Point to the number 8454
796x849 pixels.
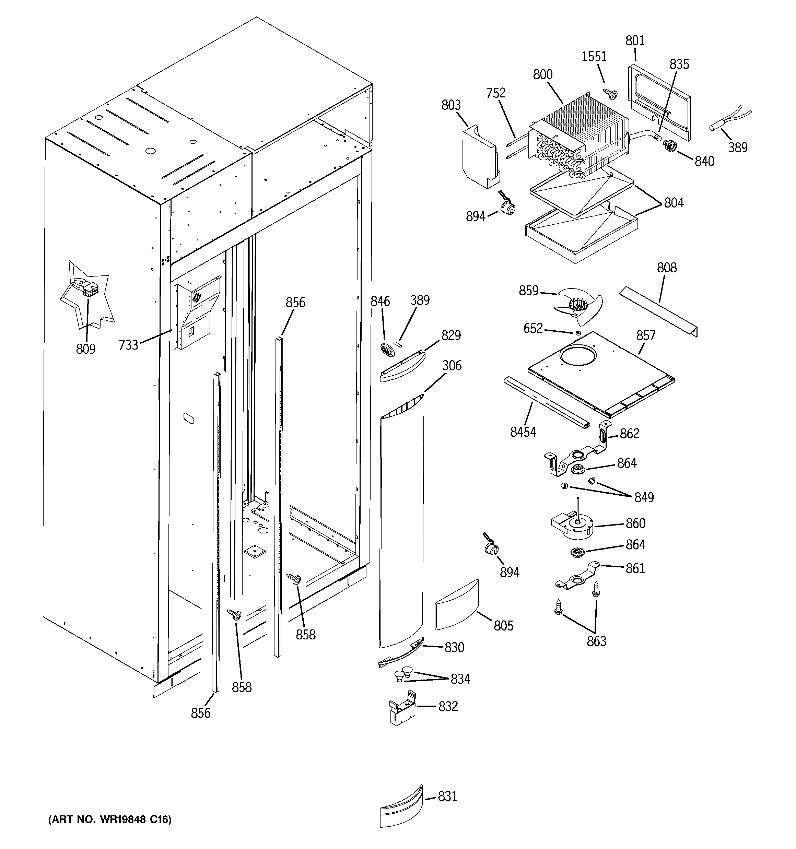523,432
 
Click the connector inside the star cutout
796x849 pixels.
89,291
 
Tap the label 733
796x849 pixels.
129,345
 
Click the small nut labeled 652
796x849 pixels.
578,333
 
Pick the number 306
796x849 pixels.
452,366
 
